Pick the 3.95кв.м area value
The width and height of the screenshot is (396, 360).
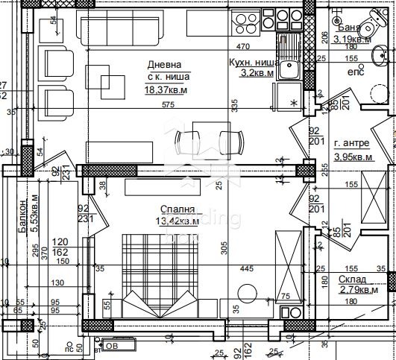click(x=352, y=157)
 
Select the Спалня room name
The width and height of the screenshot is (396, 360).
click(x=177, y=209)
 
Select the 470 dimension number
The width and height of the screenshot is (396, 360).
click(x=242, y=30)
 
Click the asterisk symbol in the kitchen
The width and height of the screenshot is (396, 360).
click(x=293, y=101)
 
